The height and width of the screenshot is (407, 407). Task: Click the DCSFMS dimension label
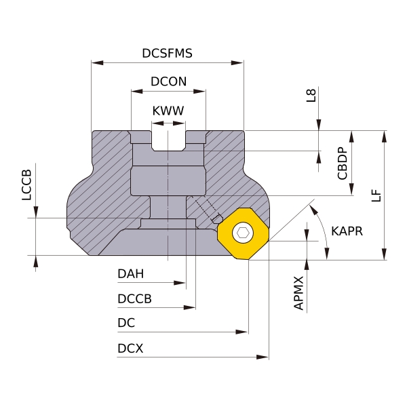167,53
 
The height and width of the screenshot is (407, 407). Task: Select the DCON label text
168,81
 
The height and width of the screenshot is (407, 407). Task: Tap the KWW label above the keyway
168,111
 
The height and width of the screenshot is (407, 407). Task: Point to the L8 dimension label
311,95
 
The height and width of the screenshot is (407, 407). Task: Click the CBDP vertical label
342,163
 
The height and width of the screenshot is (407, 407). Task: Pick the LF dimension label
376,195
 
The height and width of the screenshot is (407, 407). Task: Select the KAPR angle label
347,231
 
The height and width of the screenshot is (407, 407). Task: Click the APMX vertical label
298,293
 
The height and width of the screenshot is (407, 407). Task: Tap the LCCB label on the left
26,185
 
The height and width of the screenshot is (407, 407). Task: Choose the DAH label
130,273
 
